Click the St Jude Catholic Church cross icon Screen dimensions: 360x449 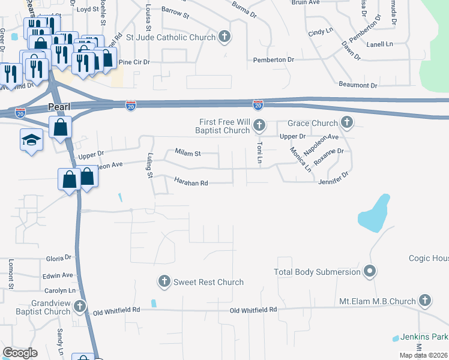pos(224,37)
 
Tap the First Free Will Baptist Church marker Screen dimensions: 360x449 pos(259,125)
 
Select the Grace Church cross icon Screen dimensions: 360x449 pos(346,123)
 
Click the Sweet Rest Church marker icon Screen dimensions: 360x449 pos(164,281)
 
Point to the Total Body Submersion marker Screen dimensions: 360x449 pos(370,272)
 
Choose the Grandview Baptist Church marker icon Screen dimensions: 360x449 pos(79,307)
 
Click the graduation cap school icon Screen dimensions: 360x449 pos(31,140)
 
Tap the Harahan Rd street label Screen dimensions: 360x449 pos(191,182)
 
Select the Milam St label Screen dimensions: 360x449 pos(187,153)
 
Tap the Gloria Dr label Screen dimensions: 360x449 pos(59,258)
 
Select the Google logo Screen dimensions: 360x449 pos(20,353)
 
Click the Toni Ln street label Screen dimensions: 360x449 pos(260,153)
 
